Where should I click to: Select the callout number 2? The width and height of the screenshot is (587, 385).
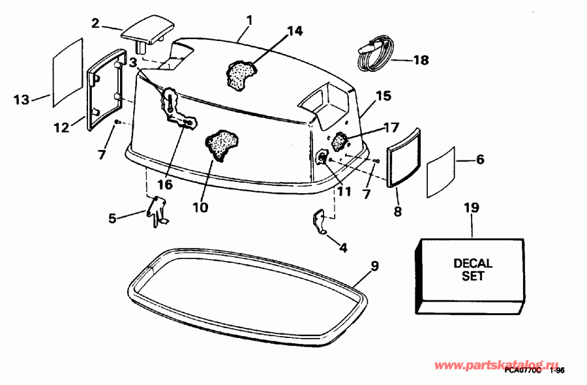[96, 24]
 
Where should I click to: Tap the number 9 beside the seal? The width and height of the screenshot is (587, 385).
[374, 266]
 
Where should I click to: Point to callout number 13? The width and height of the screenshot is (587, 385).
[22, 100]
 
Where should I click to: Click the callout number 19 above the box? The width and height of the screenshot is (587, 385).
[471, 208]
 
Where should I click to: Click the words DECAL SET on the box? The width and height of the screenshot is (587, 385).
[473, 270]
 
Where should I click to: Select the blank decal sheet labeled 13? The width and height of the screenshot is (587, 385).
[67, 71]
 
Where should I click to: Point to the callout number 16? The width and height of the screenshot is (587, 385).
[165, 185]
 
